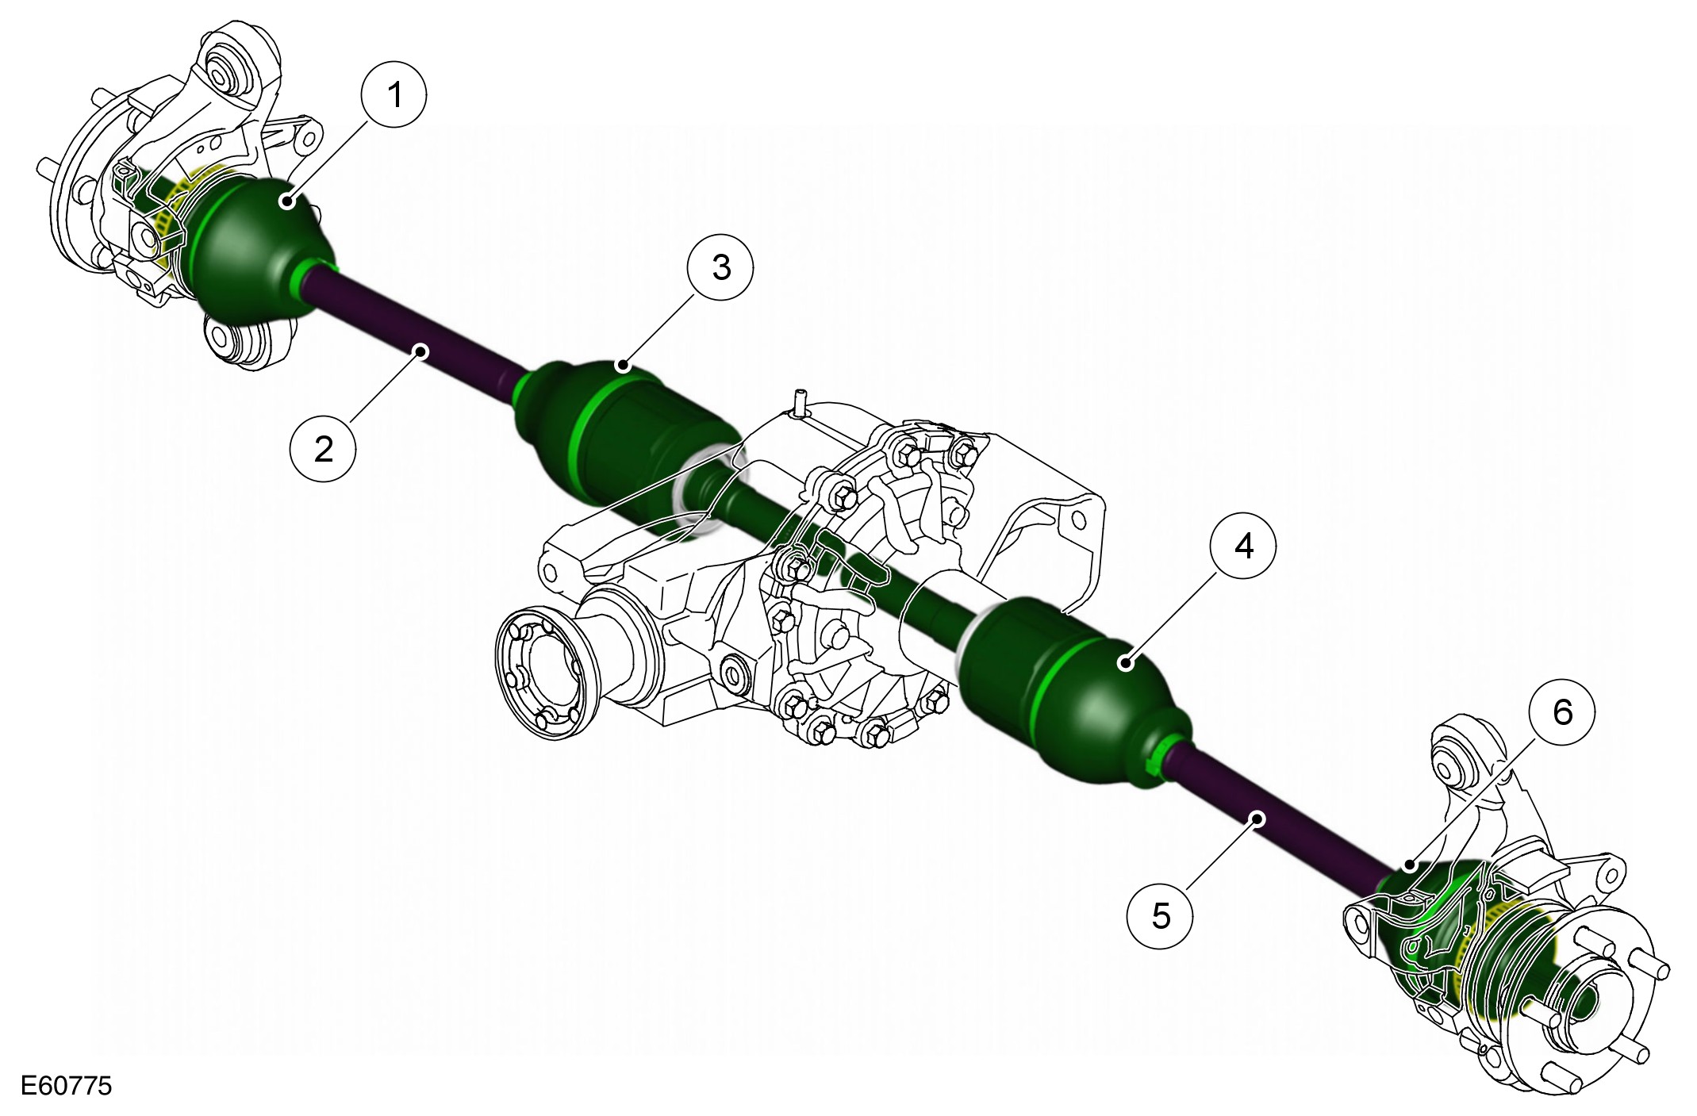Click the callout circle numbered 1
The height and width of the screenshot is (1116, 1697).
click(x=394, y=95)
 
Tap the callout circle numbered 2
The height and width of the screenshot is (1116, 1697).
click(x=324, y=449)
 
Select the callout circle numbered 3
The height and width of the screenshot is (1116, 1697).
click(x=721, y=267)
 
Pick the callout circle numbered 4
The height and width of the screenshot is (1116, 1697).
click(x=1243, y=546)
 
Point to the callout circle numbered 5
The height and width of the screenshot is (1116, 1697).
click(x=1161, y=915)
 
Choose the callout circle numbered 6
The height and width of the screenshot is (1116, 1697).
click(x=1562, y=711)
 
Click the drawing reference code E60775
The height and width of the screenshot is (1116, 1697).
click(x=67, y=1086)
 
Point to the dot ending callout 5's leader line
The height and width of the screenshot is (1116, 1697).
click(x=1257, y=818)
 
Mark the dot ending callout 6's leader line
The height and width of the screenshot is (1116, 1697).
click(x=1409, y=865)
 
